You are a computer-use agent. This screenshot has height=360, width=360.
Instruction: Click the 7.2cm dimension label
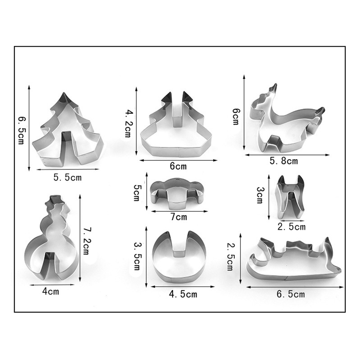tap(86, 241)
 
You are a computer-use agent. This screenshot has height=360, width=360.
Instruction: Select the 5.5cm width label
tap(68, 177)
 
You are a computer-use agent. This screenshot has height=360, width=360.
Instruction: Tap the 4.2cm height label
tap(128, 123)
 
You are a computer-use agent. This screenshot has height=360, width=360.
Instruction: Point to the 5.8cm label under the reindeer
tap(284, 161)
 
